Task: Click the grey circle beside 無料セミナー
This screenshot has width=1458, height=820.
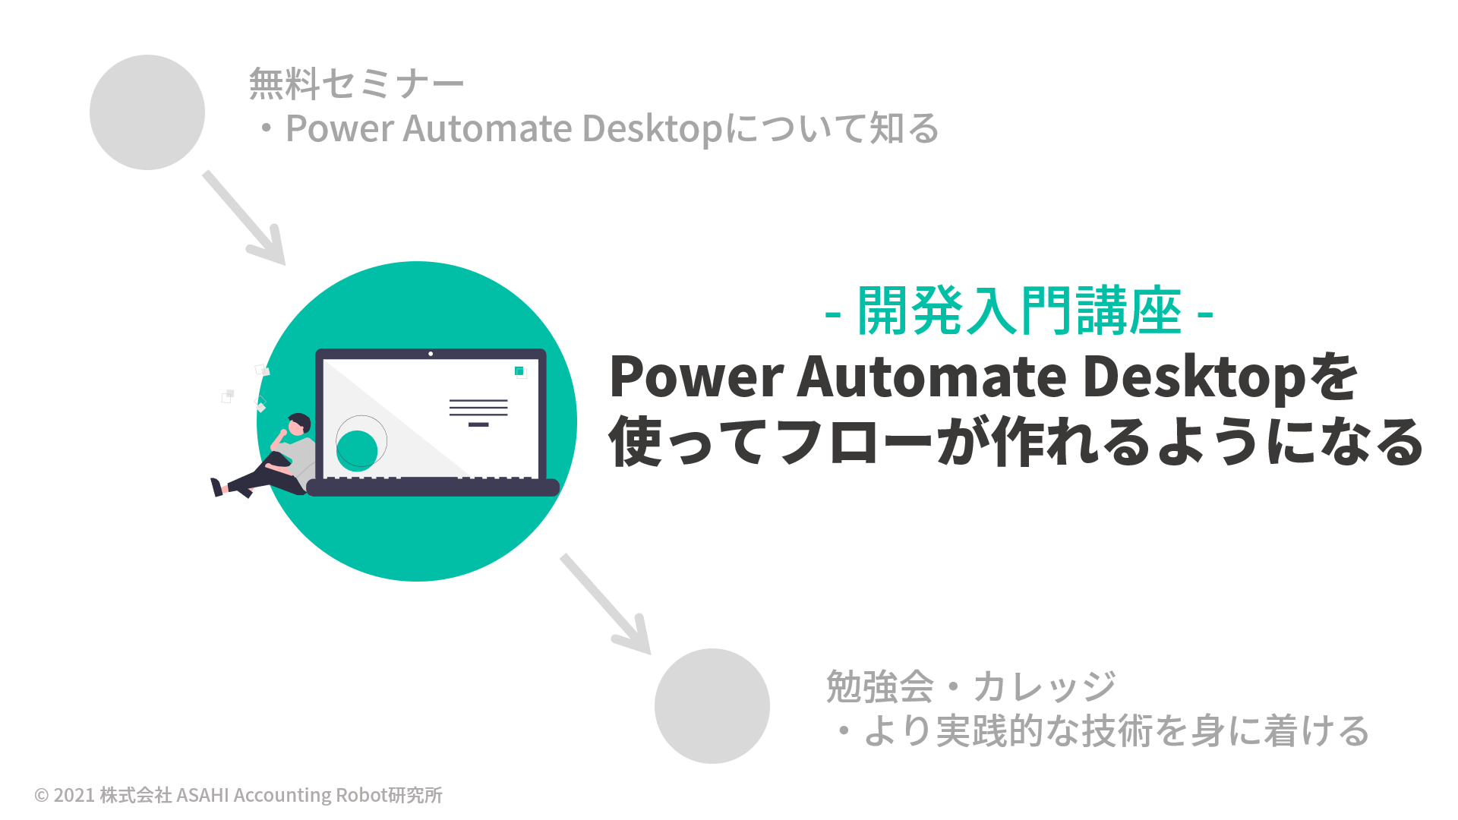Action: coord(147,112)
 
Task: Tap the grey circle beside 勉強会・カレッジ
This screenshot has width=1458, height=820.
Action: coord(712,706)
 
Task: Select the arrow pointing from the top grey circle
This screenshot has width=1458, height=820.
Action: coord(244,218)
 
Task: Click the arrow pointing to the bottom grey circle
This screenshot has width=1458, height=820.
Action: coord(605,604)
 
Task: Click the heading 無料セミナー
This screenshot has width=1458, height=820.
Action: coord(357,84)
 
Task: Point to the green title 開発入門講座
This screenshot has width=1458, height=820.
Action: coord(1020,311)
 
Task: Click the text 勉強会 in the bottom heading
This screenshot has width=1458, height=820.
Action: coord(879,686)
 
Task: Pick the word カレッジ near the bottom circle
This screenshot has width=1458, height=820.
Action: coord(1045,686)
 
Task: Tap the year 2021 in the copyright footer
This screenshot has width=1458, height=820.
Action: coord(74,795)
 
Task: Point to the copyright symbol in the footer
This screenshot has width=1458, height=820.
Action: coord(42,795)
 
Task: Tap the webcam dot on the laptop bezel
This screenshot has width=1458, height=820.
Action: coord(431,354)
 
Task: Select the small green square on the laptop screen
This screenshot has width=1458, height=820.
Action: coord(519,371)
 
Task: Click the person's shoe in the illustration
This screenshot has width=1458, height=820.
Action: coord(216,487)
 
